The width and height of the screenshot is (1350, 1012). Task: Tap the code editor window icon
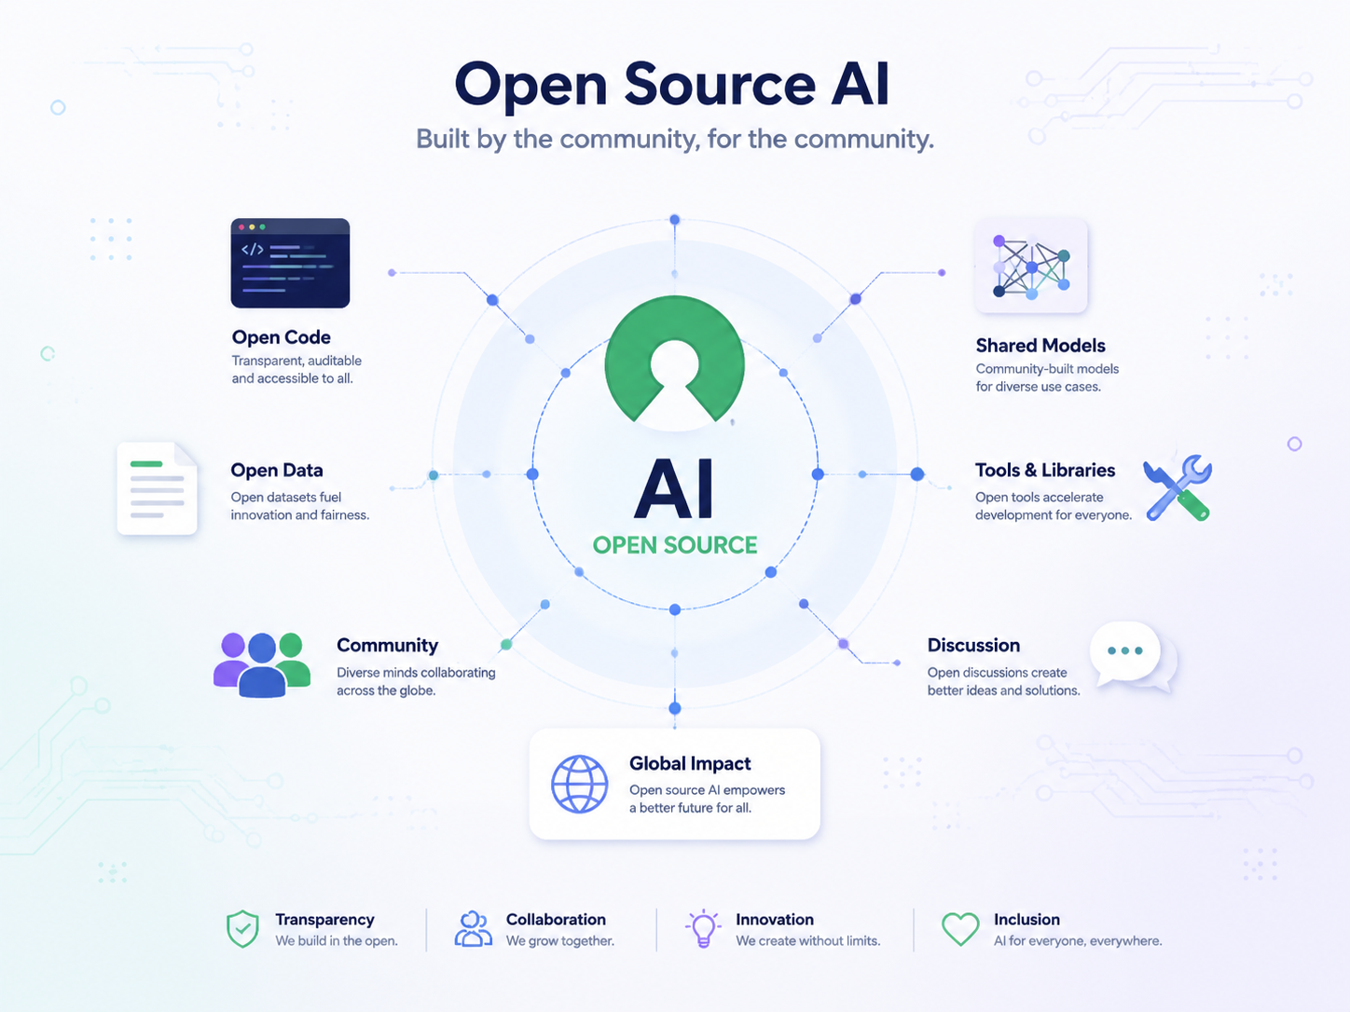tap(290, 263)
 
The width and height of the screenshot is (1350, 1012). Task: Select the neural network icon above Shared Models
tap(1031, 267)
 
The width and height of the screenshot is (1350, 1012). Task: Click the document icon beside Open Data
tap(158, 488)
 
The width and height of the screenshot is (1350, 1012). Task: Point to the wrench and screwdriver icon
tap(1178, 488)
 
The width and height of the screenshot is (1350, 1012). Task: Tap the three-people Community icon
tap(262, 664)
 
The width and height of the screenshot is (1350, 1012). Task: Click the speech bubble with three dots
tap(1133, 656)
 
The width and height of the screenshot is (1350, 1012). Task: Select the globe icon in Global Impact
tap(579, 784)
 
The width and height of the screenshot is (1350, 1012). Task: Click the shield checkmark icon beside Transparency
tap(242, 928)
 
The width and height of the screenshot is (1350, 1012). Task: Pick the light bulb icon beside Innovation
tap(702, 928)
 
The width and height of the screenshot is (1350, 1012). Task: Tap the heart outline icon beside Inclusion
tap(960, 928)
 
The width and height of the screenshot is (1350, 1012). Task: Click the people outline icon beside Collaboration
tap(473, 928)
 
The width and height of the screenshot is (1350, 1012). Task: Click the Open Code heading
tap(281, 337)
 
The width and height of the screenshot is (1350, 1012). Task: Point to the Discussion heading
tap(973, 645)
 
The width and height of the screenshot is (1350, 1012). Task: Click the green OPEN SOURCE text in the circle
tap(675, 545)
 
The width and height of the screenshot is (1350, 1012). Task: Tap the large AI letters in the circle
tap(674, 489)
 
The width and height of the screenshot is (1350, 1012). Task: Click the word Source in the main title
tap(720, 85)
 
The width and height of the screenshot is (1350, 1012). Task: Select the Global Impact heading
tap(690, 764)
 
